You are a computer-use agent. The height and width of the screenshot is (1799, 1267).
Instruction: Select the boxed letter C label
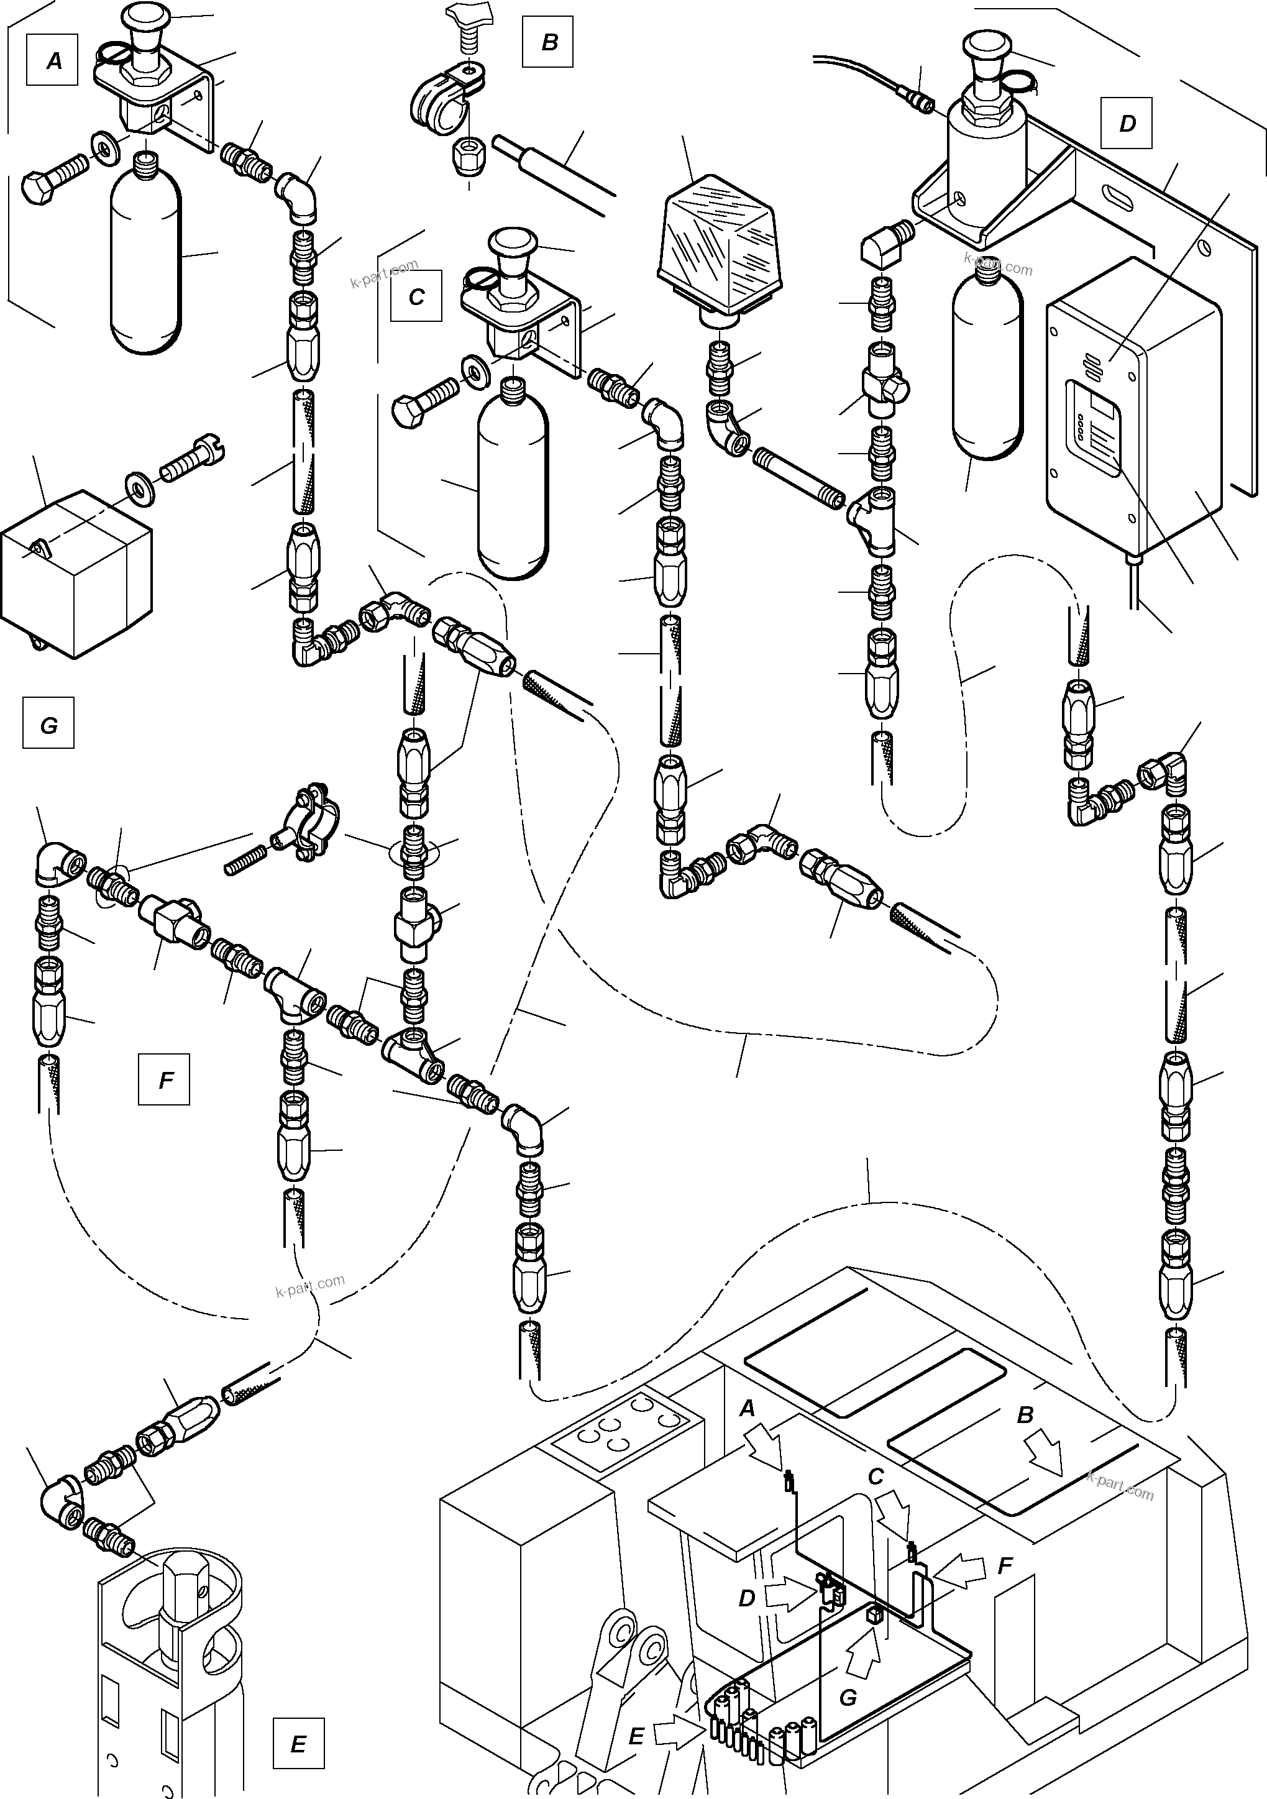416,296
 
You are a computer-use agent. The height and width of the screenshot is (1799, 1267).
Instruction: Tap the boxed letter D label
1126,123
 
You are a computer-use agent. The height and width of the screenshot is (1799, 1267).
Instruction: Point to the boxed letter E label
298,1743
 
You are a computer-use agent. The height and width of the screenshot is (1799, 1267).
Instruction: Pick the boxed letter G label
48,724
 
